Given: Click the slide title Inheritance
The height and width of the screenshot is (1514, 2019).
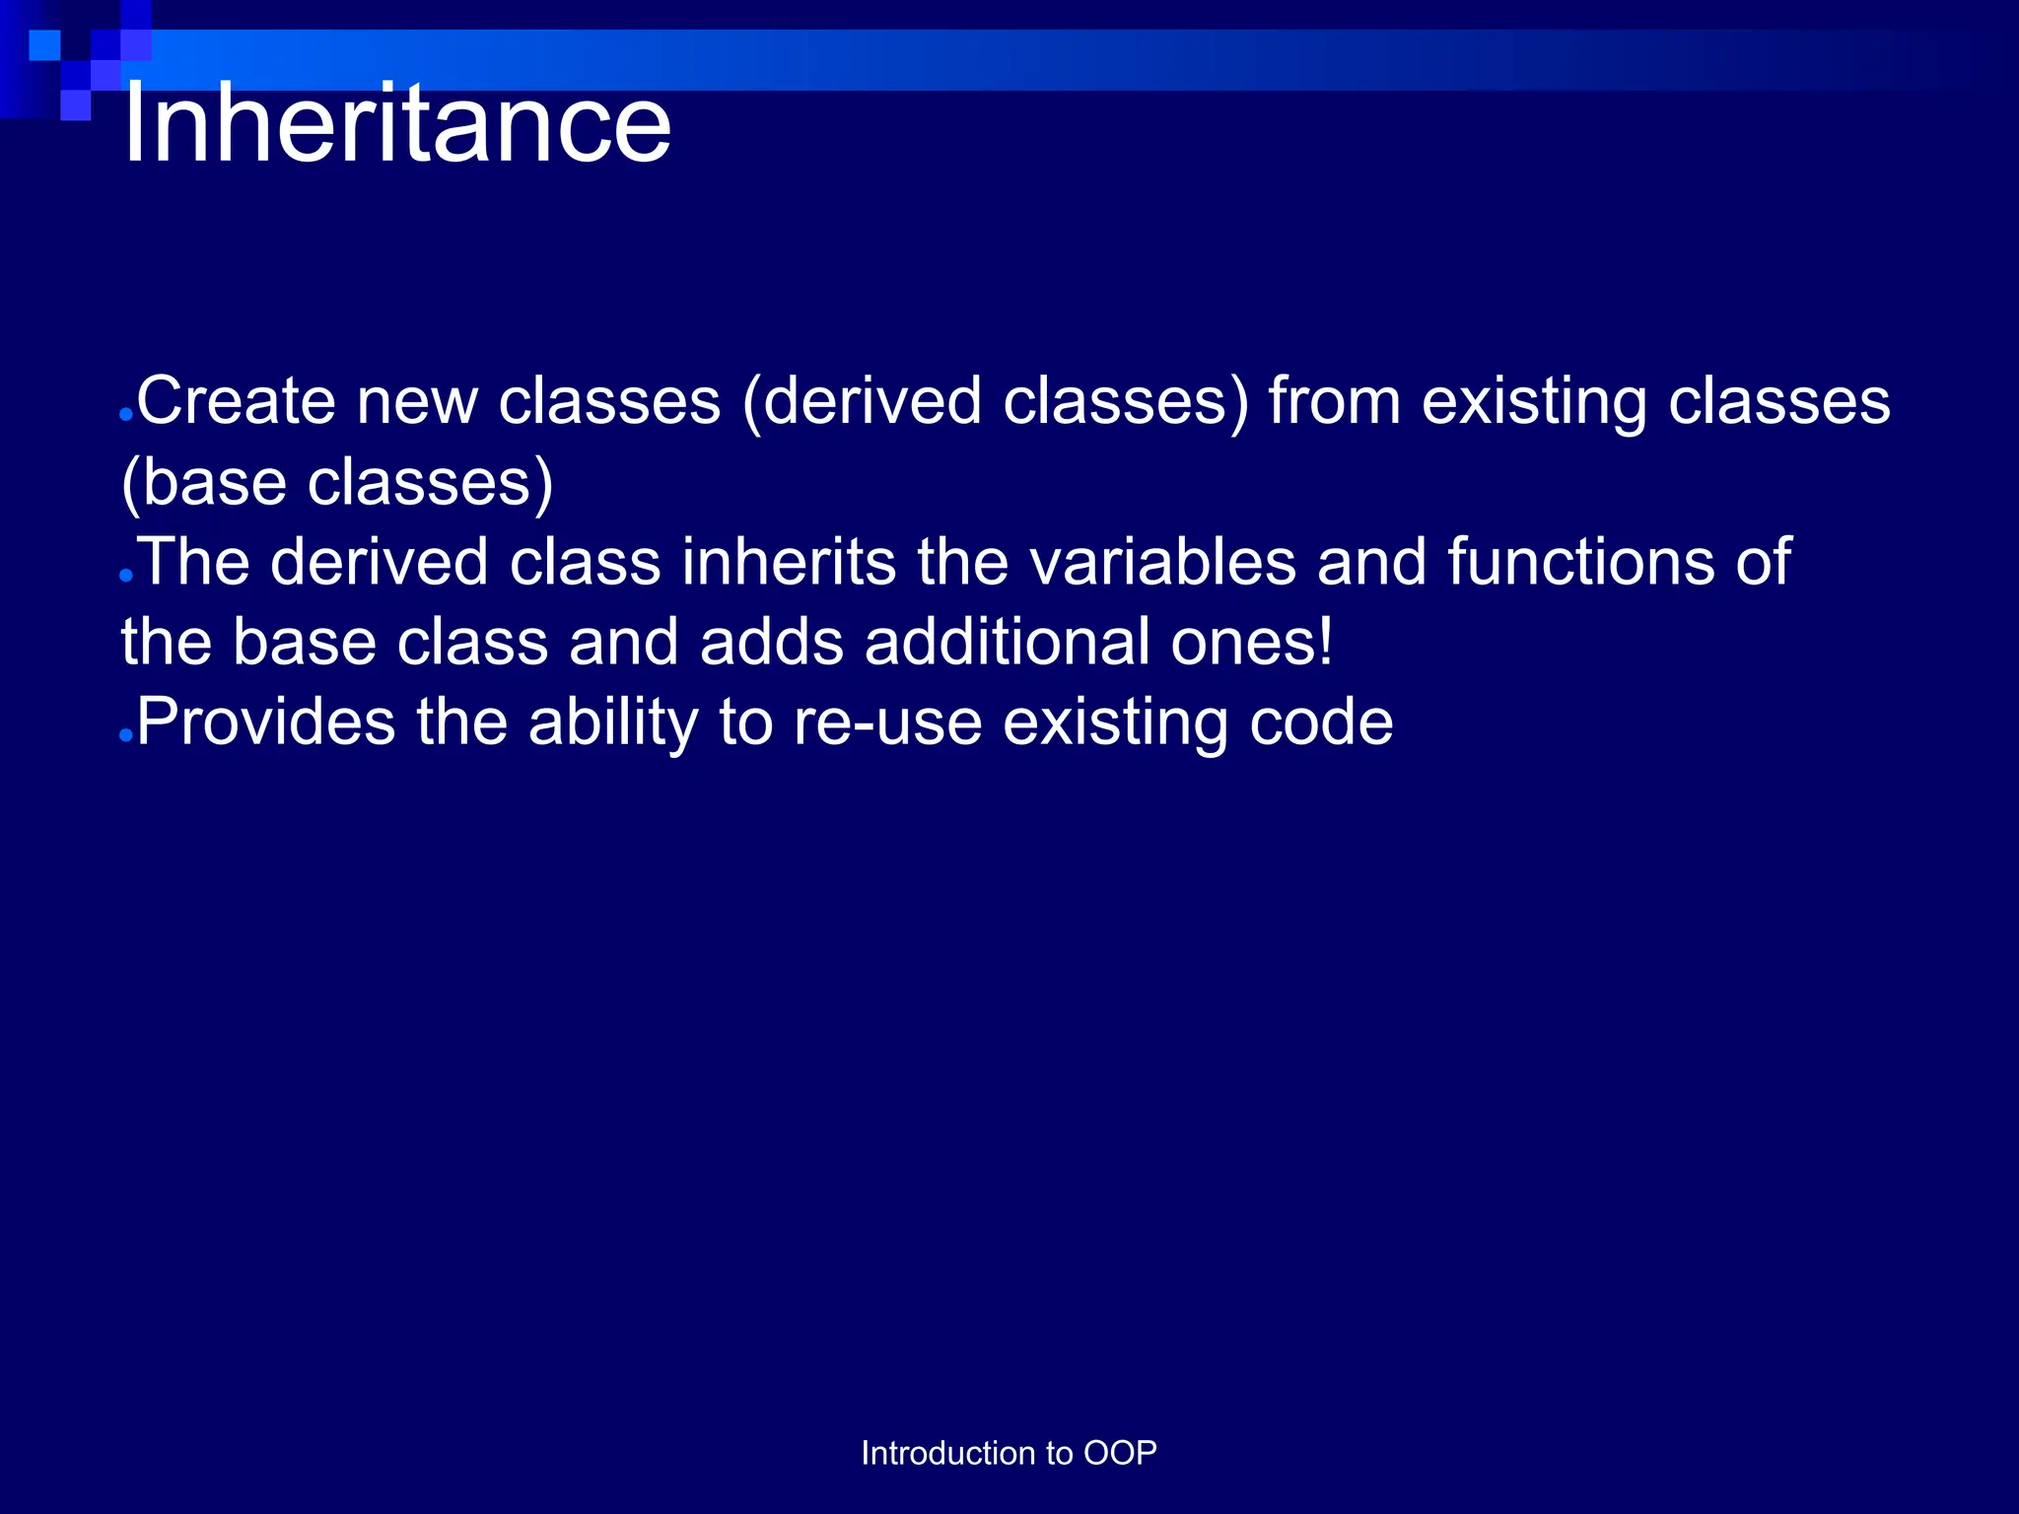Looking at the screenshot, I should pyautogui.click(x=396, y=124).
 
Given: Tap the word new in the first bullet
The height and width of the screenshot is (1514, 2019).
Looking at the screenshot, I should pyautogui.click(x=416, y=401).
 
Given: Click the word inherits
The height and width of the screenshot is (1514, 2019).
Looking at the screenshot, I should pyautogui.click(x=789, y=562).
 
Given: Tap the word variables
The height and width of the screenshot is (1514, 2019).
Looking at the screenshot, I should pyautogui.click(x=1163, y=562).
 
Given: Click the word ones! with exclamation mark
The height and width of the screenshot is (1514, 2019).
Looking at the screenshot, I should pyautogui.click(x=1252, y=642).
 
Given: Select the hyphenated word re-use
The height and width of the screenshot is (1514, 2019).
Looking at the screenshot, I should pyautogui.click(x=888, y=723).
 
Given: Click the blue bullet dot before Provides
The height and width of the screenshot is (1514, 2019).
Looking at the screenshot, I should pyautogui.click(x=125, y=735).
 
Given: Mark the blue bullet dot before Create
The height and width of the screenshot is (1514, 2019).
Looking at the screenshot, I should pyautogui.click(x=125, y=415).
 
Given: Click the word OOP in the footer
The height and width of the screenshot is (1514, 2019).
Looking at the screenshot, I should pyautogui.click(x=1120, y=1453).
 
